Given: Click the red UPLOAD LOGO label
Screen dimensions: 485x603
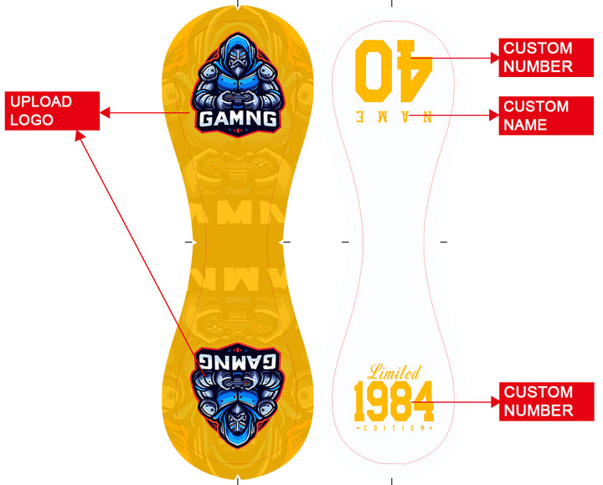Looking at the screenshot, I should pyautogui.click(x=53, y=111).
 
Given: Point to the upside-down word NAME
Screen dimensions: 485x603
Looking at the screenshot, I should pyautogui.click(x=394, y=117).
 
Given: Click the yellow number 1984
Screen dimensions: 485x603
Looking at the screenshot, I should pyautogui.click(x=394, y=402).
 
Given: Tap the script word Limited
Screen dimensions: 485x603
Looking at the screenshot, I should pyautogui.click(x=394, y=373).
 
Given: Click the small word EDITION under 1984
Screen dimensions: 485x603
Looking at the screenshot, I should pyautogui.click(x=394, y=428).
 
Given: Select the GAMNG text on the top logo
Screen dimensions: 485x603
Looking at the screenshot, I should pyautogui.click(x=237, y=119).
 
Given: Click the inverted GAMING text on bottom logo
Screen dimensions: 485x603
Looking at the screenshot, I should pyautogui.click(x=237, y=361).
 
